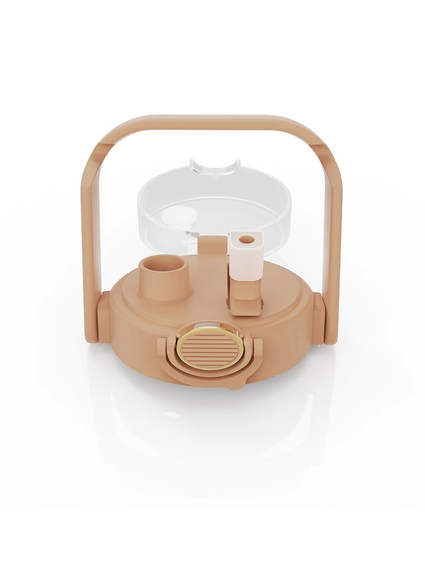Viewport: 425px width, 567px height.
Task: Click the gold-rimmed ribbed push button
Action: click(x=210, y=347)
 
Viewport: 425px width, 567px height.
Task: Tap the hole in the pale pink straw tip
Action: click(x=246, y=239)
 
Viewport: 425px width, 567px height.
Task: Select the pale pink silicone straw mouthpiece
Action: click(x=246, y=258)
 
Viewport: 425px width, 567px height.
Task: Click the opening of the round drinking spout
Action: click(x=162, y=265)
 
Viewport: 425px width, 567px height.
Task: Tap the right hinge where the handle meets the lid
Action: click(x=318, y=318)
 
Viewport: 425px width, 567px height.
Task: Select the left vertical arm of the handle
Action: click(x=91, y=238)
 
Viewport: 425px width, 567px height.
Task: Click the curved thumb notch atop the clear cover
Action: click(x=215, y=167)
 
